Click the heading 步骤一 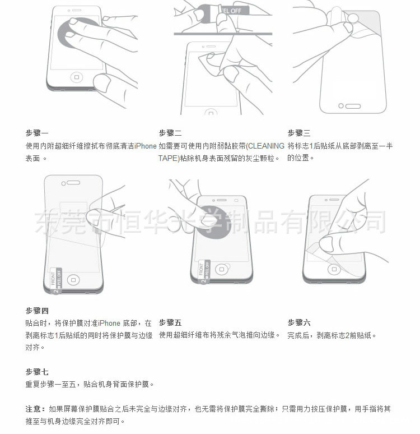[x=37, y=133]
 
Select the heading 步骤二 [x=170, y=133]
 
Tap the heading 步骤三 [x=299, y=133]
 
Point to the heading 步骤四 [x=37, y=311]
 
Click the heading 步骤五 [x=170, y=323]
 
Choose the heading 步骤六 [x=299, y=323]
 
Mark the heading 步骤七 [x=37, y=372]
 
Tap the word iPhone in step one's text [x=146, y=146]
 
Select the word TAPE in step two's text [x=169, y=158]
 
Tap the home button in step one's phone [x=77, y=77]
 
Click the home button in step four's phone [x=73, y=280]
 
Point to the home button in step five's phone [x=221, y=269]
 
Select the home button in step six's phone [x=334, y=269]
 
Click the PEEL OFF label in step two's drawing [x=232, y=11]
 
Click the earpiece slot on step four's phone [x=73, y=183]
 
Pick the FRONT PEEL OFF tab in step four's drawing [x=56, y=280]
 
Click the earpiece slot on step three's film [x=353, y=106]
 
